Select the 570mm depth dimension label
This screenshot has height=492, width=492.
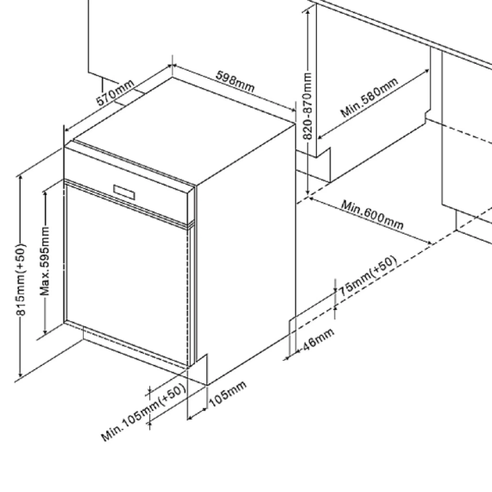tap(115, 92)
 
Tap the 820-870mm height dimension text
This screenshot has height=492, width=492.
tap(309, 106)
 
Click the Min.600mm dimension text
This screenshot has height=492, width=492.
tap(372, 215)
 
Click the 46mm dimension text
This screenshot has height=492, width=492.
tap(318, 339)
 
